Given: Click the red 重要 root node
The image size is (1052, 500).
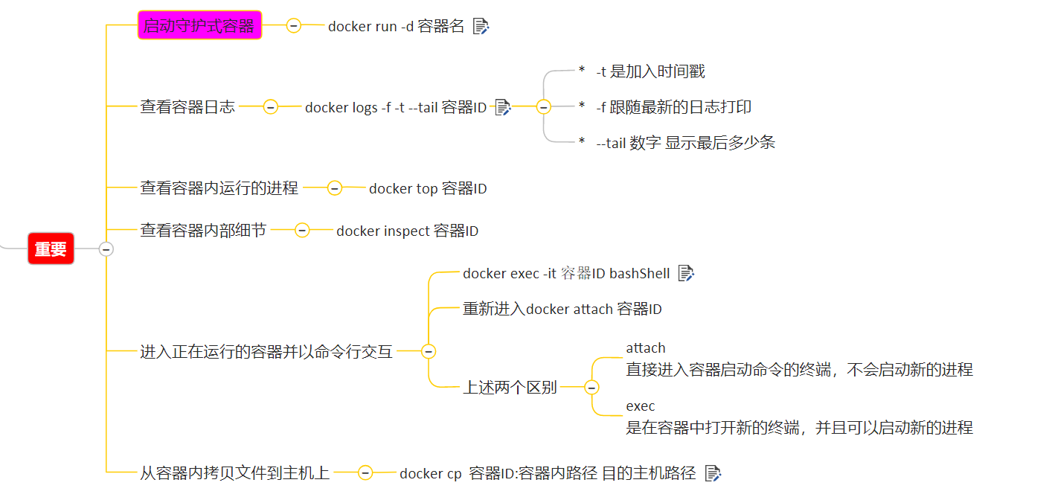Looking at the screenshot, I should point(51,249).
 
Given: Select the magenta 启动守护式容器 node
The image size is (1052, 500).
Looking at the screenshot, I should point(199,26).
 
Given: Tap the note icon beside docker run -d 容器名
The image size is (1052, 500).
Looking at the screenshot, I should point(481,27).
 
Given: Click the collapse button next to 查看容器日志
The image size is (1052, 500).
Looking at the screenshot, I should point(271,107).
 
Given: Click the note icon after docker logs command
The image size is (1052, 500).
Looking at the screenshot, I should point(503,107).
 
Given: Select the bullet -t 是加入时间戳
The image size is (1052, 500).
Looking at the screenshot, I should point(650,71).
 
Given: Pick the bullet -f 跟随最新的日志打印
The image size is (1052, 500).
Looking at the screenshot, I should point(673,107).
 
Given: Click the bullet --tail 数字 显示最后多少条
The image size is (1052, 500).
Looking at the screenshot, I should point(684,143).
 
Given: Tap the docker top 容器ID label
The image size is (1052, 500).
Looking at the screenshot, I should point(428,189).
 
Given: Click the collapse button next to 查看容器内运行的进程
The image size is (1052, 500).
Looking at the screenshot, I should point(335,189).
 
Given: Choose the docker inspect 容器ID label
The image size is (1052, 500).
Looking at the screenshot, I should point(407,231).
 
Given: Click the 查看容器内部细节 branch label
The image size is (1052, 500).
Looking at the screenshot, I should point(203,231).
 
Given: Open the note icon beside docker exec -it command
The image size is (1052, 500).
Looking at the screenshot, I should point(686,273).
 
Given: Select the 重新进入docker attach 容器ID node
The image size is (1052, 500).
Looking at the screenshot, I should point(562,309).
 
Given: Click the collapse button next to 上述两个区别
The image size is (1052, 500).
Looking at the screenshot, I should point(591,388).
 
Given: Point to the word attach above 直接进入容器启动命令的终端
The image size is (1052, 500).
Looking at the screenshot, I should point(645,348).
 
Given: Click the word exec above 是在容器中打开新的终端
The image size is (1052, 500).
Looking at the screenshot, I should point(640,406).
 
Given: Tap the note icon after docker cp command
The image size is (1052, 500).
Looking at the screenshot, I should point(713,472).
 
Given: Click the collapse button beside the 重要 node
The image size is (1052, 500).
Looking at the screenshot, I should point(106,249).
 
